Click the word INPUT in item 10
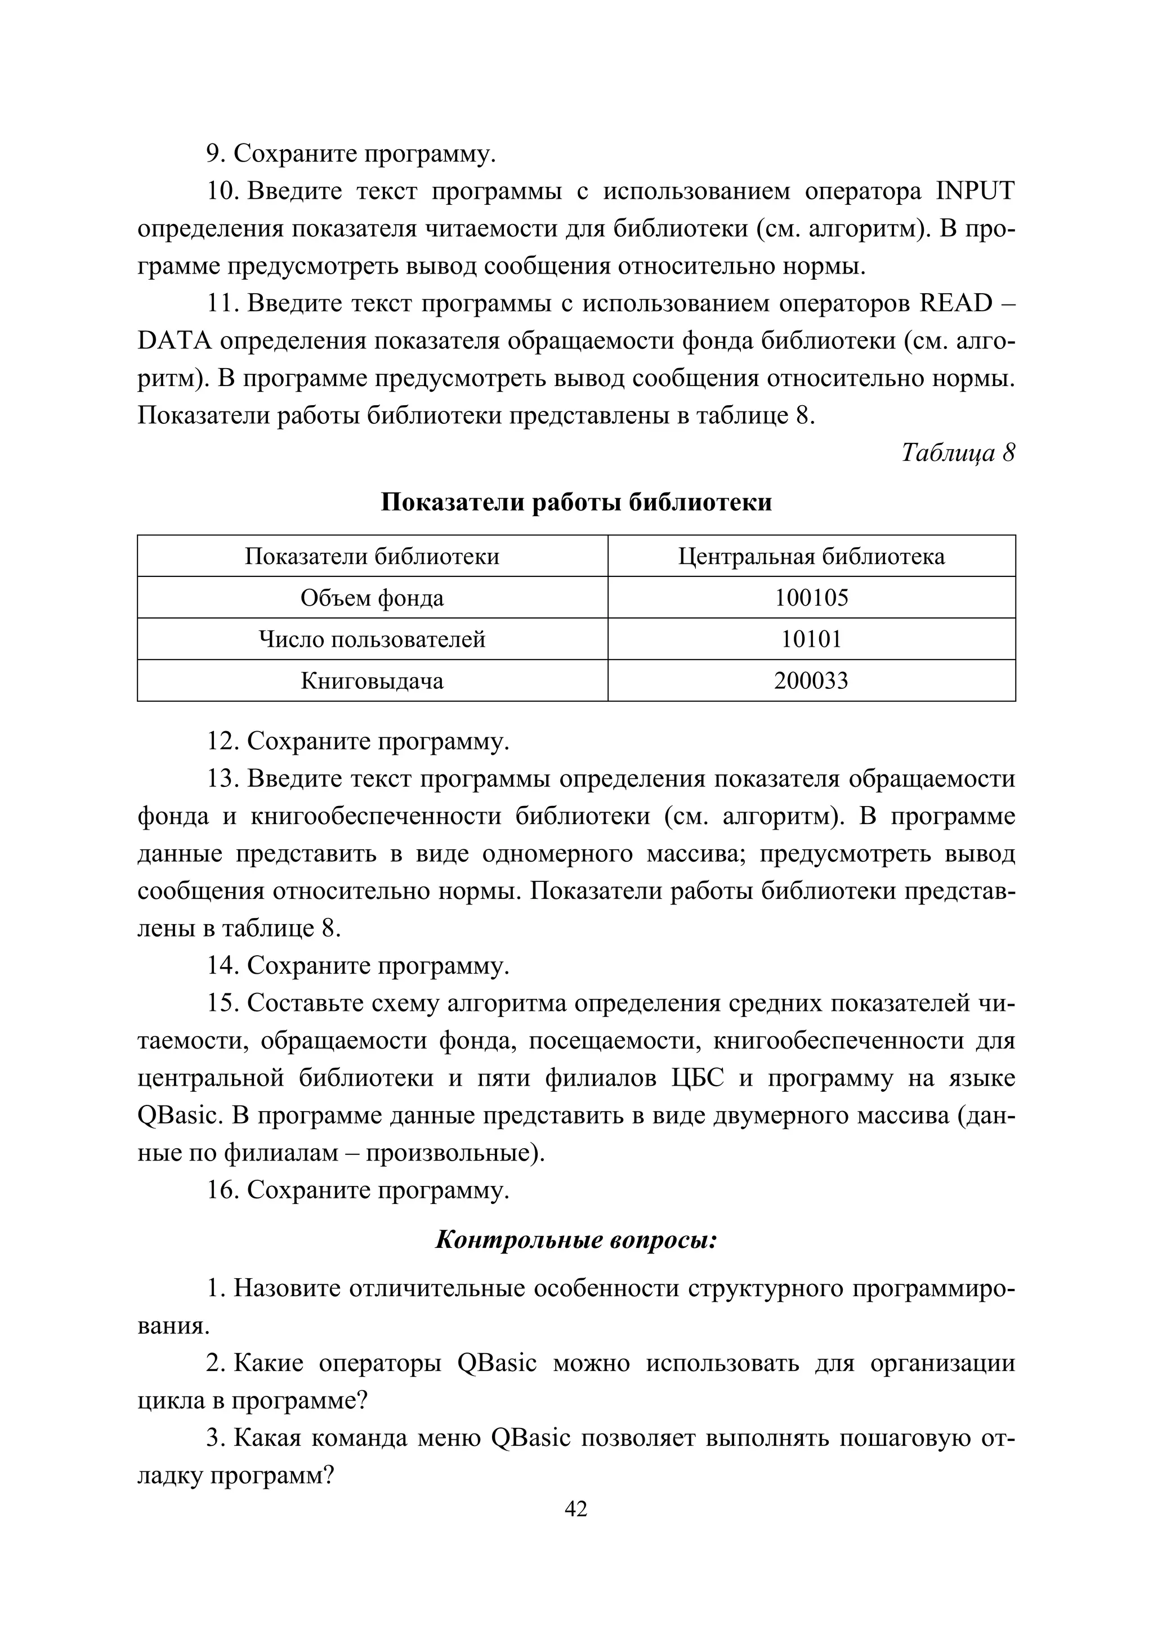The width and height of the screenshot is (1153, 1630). click(976, 192)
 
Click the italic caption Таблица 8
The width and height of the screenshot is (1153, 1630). click(958, 452)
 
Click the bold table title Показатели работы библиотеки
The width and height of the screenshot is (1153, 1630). click(576, 502)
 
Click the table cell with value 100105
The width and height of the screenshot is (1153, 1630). click(811, 598)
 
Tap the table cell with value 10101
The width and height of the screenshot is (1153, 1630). click(811, 639)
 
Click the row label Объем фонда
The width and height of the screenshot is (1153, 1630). click(372, 598)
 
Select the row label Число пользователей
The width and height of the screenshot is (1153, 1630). click(372, 639)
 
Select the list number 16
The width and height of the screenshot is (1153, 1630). click(221, 1190)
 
